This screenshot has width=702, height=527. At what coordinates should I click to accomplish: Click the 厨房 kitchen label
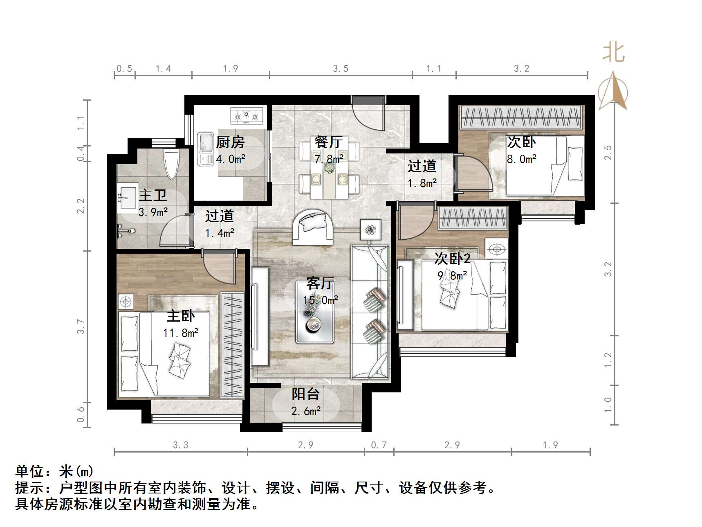point(230,142)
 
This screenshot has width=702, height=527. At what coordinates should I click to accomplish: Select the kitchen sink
point(205,149)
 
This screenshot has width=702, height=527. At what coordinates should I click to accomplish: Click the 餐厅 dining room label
point(328,142)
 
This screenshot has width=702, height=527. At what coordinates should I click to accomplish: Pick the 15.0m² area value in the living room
point(320,300)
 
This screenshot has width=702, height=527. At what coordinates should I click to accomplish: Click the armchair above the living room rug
point(313,227)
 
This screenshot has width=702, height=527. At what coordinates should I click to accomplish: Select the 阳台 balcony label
point(305,394)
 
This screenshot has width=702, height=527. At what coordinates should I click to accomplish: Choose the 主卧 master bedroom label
point(181,316)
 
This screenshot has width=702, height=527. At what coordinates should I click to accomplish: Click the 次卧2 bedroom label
point(452,259)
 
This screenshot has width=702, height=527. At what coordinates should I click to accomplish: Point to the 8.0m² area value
point(522,159)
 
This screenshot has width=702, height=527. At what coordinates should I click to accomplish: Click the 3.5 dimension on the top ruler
point(341,69)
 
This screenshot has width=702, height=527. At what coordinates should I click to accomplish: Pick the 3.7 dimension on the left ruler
point(81,327)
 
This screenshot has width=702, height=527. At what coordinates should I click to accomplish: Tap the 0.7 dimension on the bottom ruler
point(379,445)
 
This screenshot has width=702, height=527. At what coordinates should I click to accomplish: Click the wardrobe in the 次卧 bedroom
point(521,117)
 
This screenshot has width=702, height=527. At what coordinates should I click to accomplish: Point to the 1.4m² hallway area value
point(220,233)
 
